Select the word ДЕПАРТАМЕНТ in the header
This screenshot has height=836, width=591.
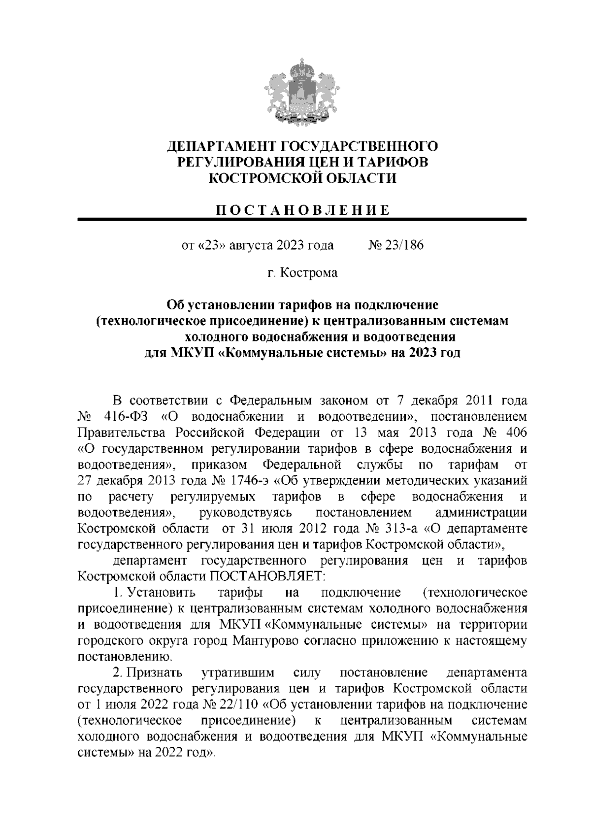click(222, 146)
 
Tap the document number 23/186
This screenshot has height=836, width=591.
click(403, 245)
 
